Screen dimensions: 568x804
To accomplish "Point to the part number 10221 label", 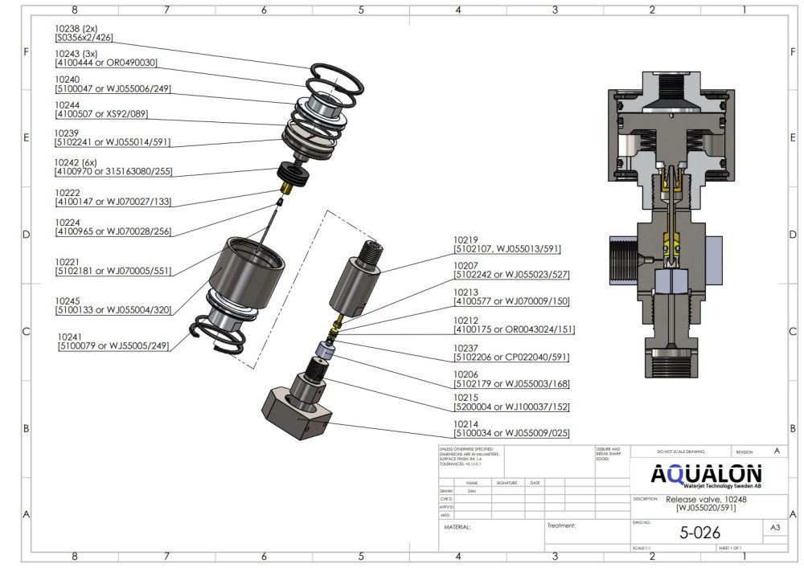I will pyautogui.click(x=68, y=262).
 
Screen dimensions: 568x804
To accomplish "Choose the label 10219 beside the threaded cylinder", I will pyautogui.click(x=466, y=239).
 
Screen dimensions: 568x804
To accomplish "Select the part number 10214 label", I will pyautogui.click(x=466, y=423).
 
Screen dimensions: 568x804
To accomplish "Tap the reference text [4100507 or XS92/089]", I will pyautogui.click(x=101, y=114).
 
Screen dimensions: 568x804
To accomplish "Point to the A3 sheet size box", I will pyautogui.click(x=774, y=529).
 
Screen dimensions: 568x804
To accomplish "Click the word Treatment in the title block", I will pyautogui.click(x=562, y=527).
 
